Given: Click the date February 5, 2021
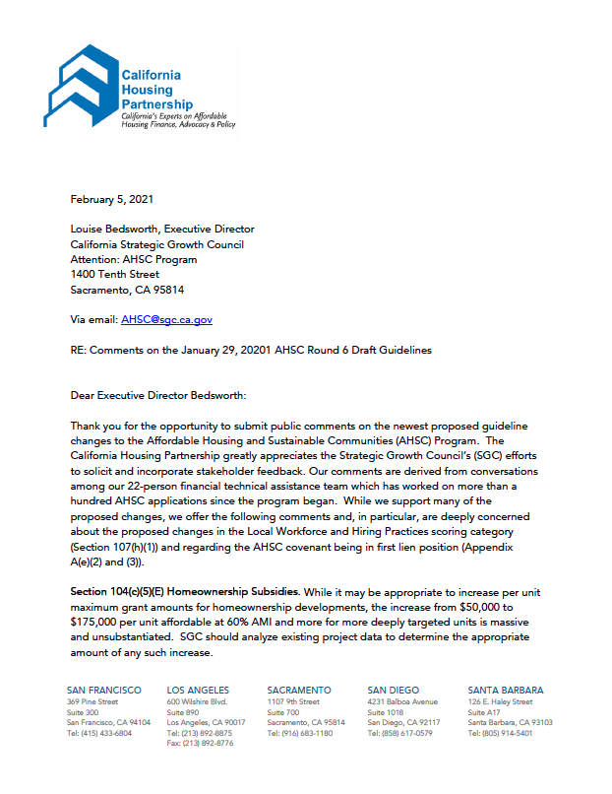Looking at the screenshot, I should coord(112,199).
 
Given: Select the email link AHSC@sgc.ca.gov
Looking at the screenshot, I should coord(166,319).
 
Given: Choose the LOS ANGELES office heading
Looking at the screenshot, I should coord(198,691).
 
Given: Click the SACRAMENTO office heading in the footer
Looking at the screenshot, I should coord(299,691).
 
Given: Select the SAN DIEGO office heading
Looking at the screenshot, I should coord(394,691).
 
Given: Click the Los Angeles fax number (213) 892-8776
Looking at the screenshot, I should coord(207,743).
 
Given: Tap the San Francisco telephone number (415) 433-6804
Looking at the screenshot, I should coord(106,733).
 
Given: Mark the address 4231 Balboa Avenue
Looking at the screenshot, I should coord(403,701).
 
